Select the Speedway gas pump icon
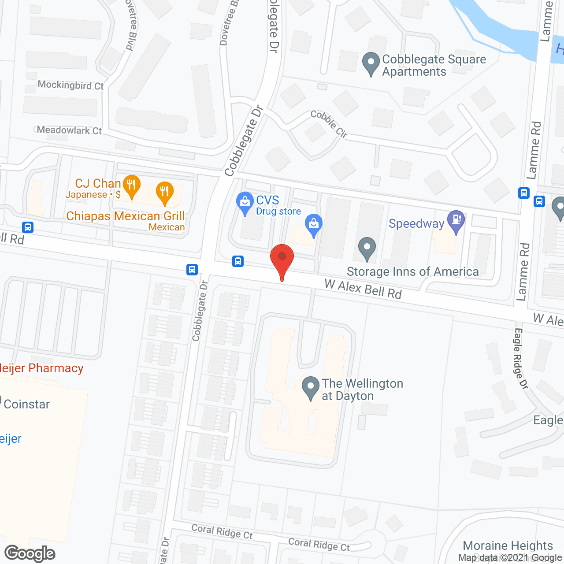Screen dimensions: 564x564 click(x=456, y=221)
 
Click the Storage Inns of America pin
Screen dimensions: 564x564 click(x=367, y=249)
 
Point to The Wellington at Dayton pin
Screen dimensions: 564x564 click(x=311, y=387)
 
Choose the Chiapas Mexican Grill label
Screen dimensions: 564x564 click(x=126, y=216)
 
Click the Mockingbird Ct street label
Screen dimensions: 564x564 click(x=70, y=85)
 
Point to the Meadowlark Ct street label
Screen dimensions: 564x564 click(x=69, y=130)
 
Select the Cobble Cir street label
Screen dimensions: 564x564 click(x=329, y=124)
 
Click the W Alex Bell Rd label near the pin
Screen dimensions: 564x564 click(x=363, y=289)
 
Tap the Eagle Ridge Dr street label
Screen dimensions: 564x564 click(x=520, y=358)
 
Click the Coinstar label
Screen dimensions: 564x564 click(x=26, y=404)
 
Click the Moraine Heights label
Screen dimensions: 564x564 click(x=508, y=545)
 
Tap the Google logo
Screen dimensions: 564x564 click(x=30, y=553)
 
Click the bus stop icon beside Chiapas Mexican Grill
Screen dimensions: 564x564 click(x=28, y=227)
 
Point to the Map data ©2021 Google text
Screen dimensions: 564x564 click(x=510, y=558)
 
